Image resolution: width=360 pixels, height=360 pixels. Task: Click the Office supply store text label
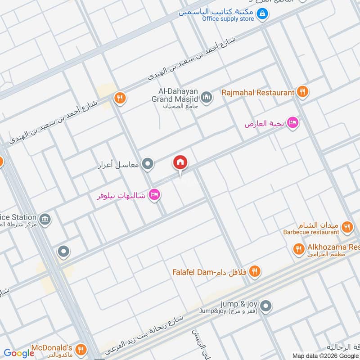pos(228,19)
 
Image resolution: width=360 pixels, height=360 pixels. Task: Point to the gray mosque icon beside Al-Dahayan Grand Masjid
pos(207,97)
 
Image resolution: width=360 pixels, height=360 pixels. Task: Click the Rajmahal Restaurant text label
pos(257,93)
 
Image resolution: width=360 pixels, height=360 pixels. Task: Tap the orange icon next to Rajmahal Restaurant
pos(302,92)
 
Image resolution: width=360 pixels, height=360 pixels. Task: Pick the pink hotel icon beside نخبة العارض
pos(292,123)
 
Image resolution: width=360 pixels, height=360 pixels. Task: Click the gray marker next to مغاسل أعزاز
pos(148,164)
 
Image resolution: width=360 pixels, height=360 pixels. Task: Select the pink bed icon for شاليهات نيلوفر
pos(154,195)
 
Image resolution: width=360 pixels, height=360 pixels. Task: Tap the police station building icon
pos(45,220)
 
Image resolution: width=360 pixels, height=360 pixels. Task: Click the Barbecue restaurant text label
pos(311,232)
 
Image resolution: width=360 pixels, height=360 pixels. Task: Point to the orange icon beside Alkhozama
pos(298,248)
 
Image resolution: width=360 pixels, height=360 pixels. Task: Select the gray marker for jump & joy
pos(266,306)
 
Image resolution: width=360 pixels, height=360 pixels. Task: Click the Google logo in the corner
pos(19,353)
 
